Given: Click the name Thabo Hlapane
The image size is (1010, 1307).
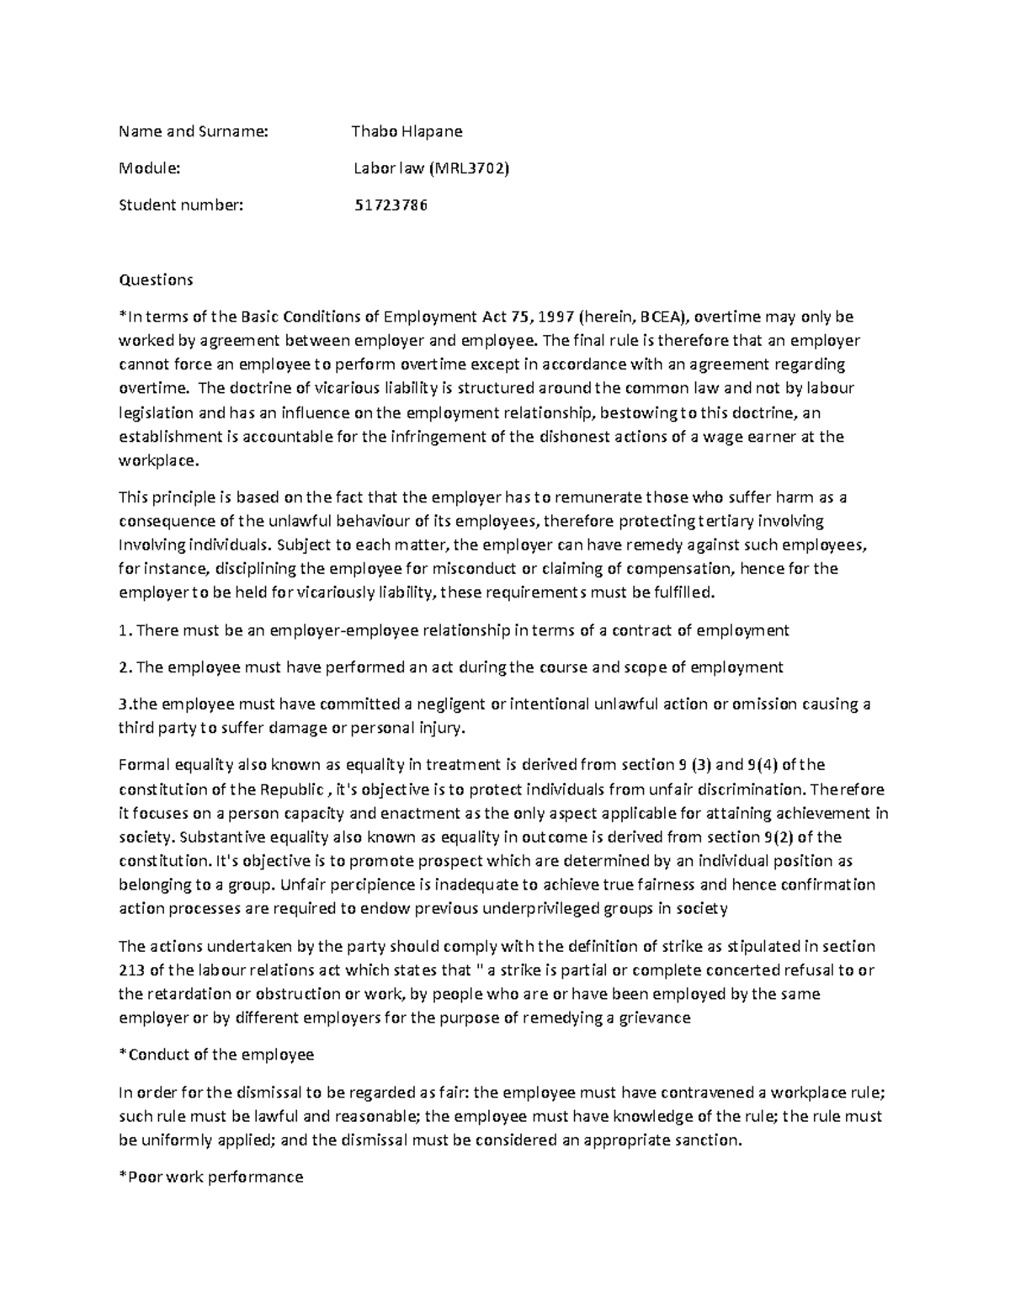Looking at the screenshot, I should (x=407, y=131).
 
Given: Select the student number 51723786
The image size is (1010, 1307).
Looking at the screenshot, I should (x=390, y=205).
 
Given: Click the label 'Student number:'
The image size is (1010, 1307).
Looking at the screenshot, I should (x=180, y=205).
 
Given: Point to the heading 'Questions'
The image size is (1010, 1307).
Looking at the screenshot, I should (x=156, y=279).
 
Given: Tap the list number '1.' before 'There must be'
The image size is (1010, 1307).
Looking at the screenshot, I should (x=125, y=630).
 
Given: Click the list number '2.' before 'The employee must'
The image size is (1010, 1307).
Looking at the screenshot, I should (x=125, y=667).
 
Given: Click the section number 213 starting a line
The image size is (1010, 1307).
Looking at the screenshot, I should (x=131, y=970).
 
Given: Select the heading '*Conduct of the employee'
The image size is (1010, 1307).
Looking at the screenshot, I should (x=216, y=1055).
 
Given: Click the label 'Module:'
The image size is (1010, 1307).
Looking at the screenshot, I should (x=150, y=168).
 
